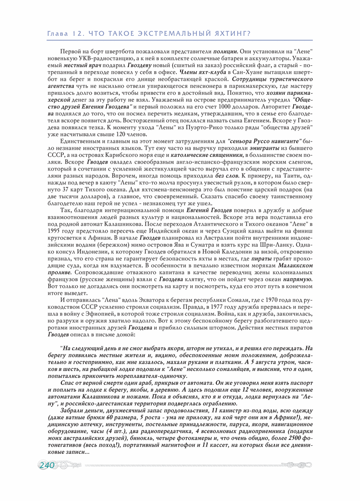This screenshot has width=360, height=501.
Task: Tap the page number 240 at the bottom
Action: click(x=47, y=466)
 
